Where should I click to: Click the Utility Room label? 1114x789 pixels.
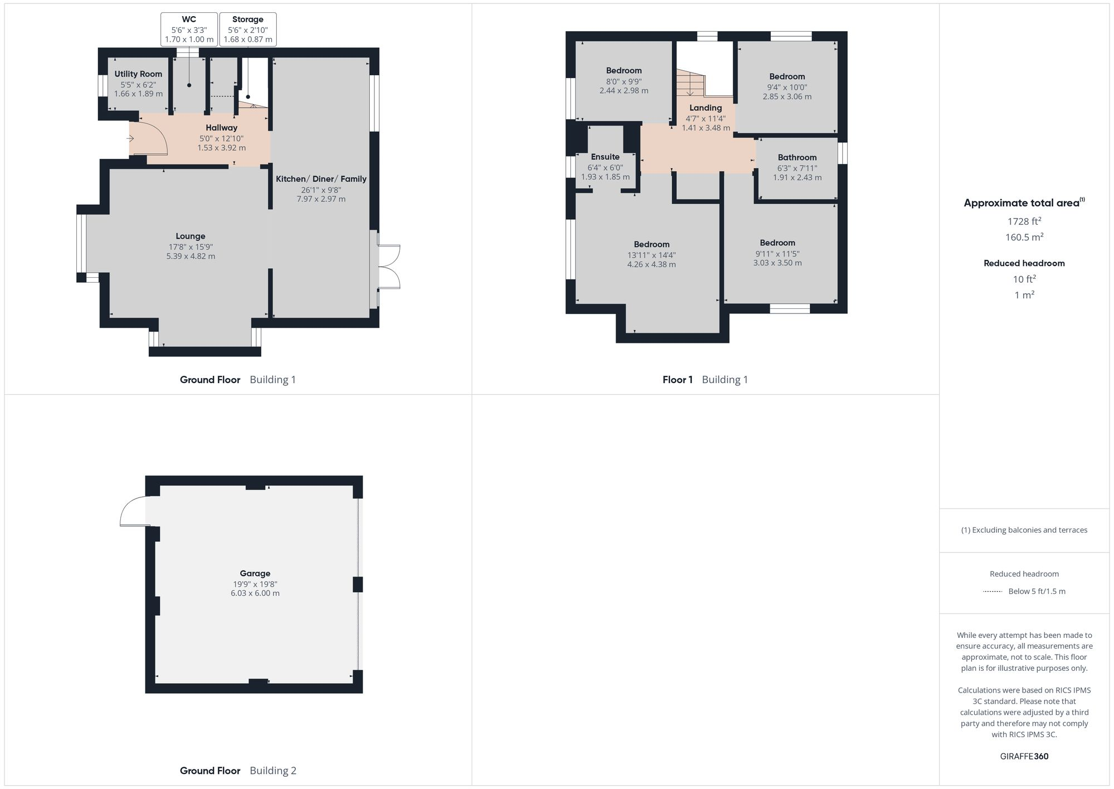click(138, 74)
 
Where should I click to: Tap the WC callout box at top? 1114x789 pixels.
click(189, 29)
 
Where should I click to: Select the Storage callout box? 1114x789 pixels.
click(248, 29)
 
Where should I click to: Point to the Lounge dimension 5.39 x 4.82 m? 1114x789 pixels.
click(190, 256)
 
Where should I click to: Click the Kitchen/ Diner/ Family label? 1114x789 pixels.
click(321, 179)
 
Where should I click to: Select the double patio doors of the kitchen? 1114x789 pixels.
click(389, 267)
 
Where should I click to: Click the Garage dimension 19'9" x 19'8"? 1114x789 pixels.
click(255, 584)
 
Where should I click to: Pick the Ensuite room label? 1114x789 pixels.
click(605, 157)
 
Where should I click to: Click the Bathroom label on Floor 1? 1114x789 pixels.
click(797, 157)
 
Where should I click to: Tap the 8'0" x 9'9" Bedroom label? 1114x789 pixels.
click(624, 71)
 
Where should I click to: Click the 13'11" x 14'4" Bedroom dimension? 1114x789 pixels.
click(651, 255)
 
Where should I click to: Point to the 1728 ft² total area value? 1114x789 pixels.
click(1024, 221)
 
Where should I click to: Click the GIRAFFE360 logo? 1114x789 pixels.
click(1024, 756)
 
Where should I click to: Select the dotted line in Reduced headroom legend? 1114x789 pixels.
click(993, 591)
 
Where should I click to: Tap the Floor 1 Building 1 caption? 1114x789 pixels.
click(705, 380)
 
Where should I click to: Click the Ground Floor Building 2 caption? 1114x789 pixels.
click(238, 771)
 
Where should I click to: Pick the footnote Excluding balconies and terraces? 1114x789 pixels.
click(1024, 530)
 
